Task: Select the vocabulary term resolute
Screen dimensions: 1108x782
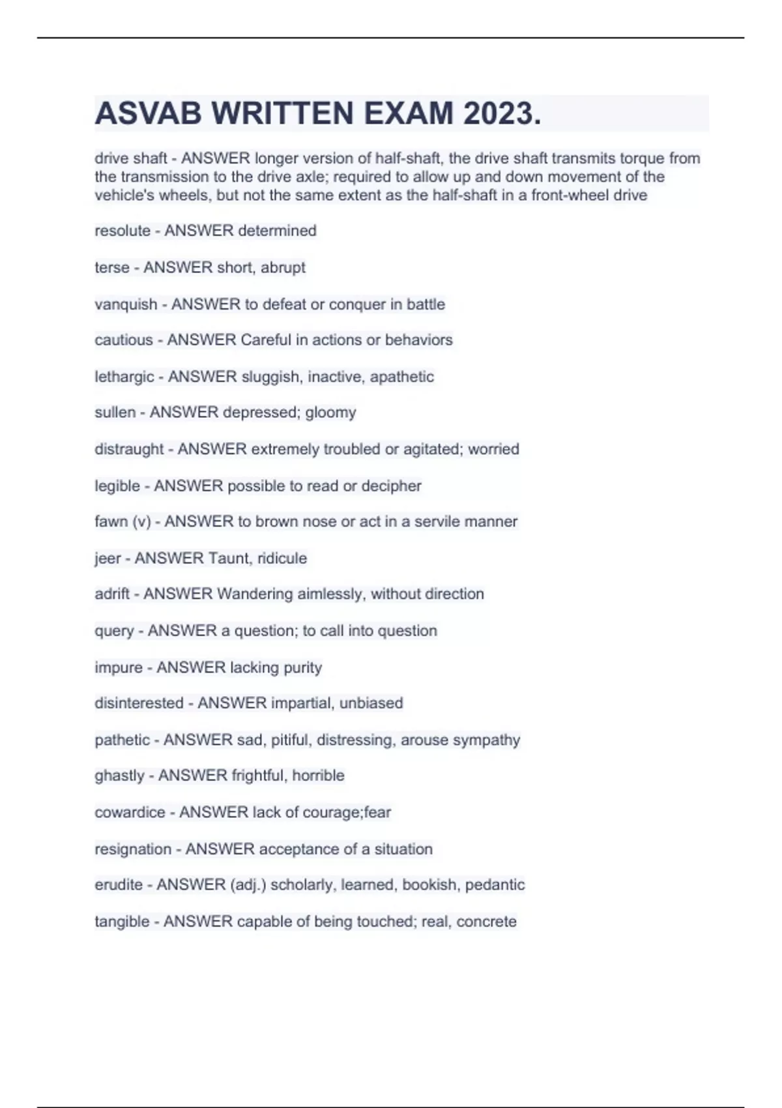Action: tap(122, 231)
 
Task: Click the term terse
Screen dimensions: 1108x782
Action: tap(111, 267)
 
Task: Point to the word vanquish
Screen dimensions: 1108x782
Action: tap(126, 304)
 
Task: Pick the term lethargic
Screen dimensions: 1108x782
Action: tap(124, 377)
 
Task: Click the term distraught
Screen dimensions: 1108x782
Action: tap(129, 449)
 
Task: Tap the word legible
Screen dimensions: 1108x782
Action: tap(117, 486)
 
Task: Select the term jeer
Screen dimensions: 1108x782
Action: tap(108, 559)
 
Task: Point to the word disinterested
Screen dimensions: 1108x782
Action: tap(139, 703)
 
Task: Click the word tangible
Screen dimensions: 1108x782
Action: tap(122, 922)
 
